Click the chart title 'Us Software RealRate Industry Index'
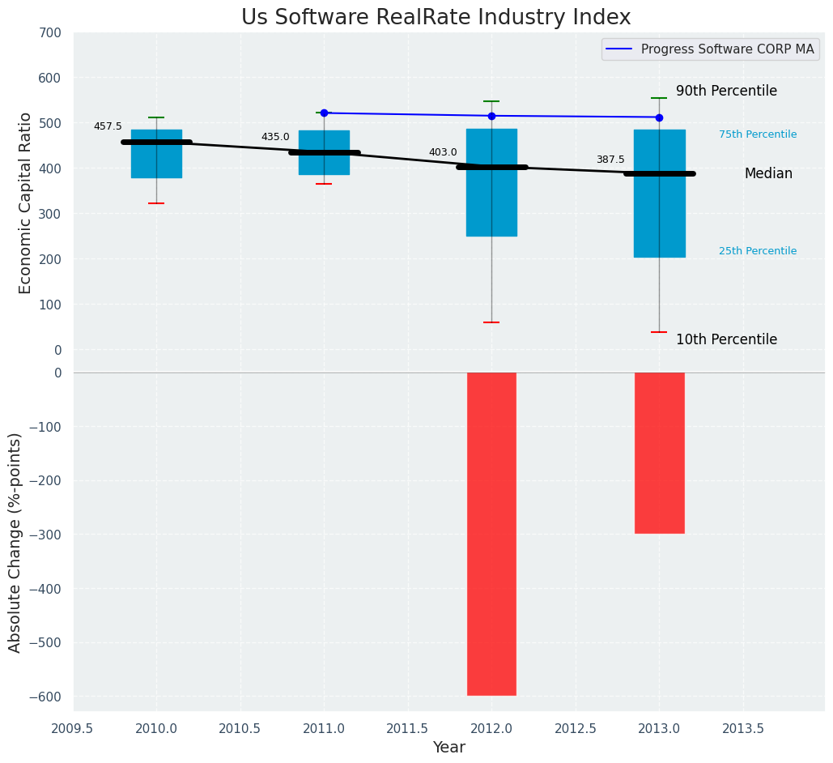(436, 18)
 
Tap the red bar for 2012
(491, 534)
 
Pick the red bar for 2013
(659, 453)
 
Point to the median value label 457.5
(108, 126)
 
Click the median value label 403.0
(443, 152)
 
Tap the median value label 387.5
(610, 160)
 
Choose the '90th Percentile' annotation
(726, 92)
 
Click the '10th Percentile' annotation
(726, 340)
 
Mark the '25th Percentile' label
(757, 251)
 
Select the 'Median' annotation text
(768, 174)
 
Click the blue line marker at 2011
(324, 113)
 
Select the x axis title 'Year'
(448, 748)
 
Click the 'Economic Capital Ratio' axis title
(25, 202)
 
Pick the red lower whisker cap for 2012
(491, 322)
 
